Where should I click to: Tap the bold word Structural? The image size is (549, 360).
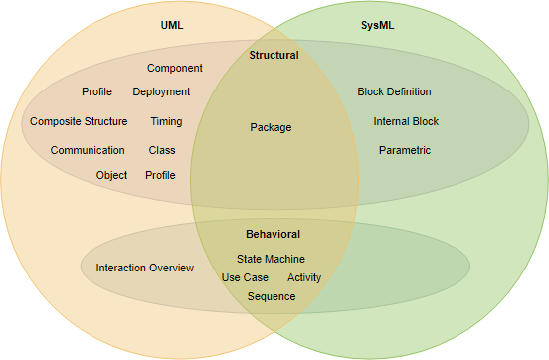(274, 56)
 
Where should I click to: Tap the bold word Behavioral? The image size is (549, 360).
(273, 234)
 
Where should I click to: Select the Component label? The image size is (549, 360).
(175, 69)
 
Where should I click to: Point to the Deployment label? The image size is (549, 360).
(161, 92)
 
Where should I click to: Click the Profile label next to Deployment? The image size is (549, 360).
(96, 92)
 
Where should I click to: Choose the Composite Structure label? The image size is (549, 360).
(79, 122)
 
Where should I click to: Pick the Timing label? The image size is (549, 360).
(166, 122)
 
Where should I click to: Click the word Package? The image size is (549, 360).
(271, 127)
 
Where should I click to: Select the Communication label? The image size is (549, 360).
(88, 151)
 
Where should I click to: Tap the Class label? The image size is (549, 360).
(162, 151)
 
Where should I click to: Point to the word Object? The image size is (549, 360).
(111, 175)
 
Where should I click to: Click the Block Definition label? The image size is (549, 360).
(394, 92)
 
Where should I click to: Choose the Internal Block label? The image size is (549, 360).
(406, 122)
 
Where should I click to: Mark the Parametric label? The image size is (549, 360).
(405, 151)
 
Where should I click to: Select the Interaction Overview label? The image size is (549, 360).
(144, 269)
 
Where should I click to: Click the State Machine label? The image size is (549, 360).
(271, 259)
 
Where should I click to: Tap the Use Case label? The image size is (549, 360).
(245, 277)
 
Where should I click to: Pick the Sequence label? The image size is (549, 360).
(272, 296)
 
